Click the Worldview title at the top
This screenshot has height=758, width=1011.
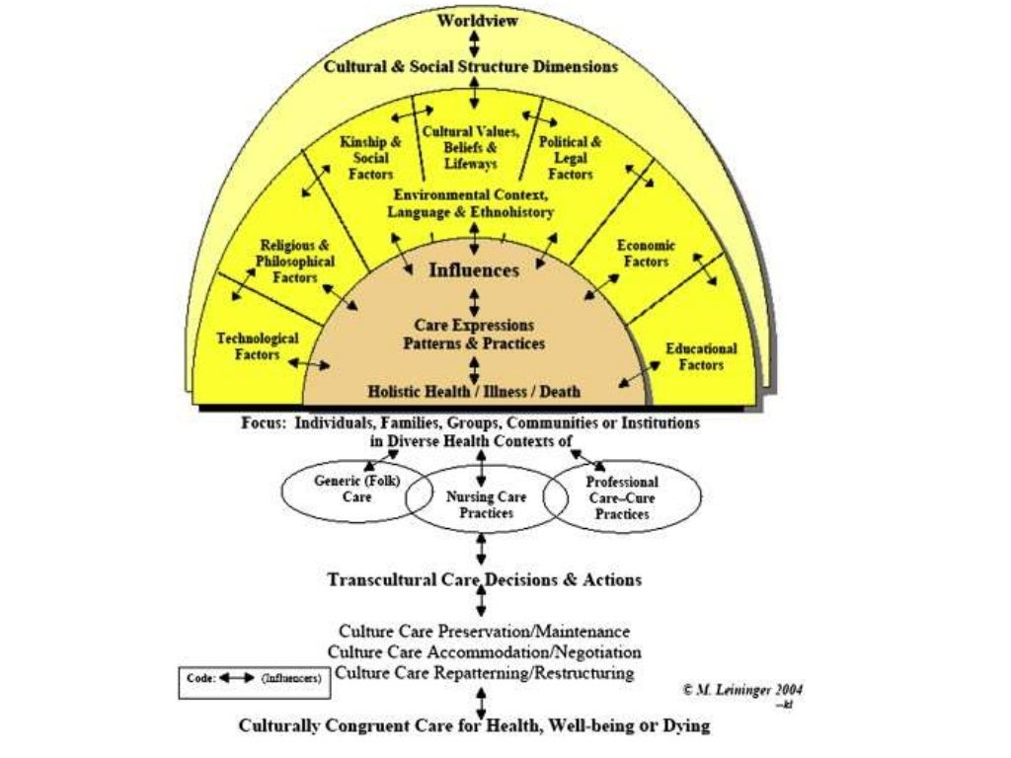coord(474,21)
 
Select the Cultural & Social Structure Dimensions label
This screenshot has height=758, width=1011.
coord(472,67)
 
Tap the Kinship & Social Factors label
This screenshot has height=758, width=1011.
coord(370,158)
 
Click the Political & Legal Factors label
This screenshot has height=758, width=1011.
coord(571,158)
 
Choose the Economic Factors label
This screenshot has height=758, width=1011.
coord(646,254)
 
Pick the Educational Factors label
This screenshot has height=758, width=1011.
coord(701,356)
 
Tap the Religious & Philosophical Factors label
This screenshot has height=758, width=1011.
coord(295,262)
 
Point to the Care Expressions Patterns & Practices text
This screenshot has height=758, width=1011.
coord(474,335)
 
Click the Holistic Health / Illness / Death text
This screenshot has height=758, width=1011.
coord(474,391)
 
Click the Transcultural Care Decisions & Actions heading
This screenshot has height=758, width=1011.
coord(484,579)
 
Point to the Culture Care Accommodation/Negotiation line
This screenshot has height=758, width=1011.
coord(484,652)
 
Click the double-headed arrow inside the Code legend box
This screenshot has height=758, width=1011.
coord(238,679)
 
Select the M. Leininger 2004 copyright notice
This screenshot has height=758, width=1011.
coord(741,690)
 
